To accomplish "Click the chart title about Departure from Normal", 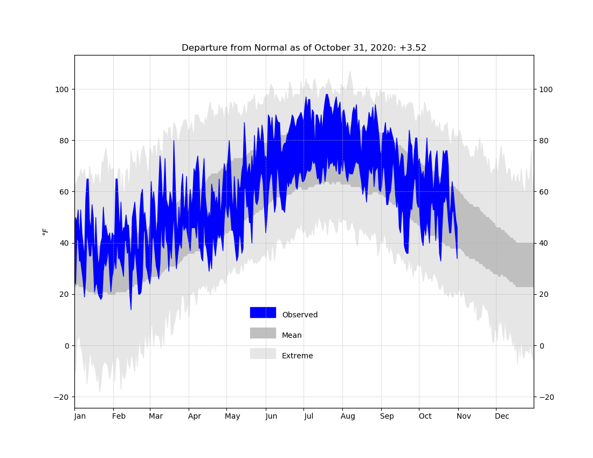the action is (x=304, y=48).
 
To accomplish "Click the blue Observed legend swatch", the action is (x=263, y=313).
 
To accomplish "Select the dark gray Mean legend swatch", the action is (x=263, y=333).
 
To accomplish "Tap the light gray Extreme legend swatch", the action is (x=263, y=353).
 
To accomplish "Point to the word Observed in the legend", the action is (x=300, y=315).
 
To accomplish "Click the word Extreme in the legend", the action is (x=297, y=356).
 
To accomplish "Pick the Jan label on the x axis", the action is (x=80, y=416).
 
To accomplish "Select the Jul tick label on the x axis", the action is (x=308, y=416).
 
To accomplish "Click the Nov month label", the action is (x=464, y=416).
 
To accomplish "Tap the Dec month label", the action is (x=502, y=416).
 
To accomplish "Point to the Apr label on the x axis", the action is (x=195, y=416).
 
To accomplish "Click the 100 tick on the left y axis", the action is (x=62, y=89).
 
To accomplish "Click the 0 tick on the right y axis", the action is (x=541, y=346).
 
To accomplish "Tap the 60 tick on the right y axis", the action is (x=543, y=192).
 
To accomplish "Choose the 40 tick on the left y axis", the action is (x=64, y=244).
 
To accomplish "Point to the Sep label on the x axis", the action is (x=387, y=416).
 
